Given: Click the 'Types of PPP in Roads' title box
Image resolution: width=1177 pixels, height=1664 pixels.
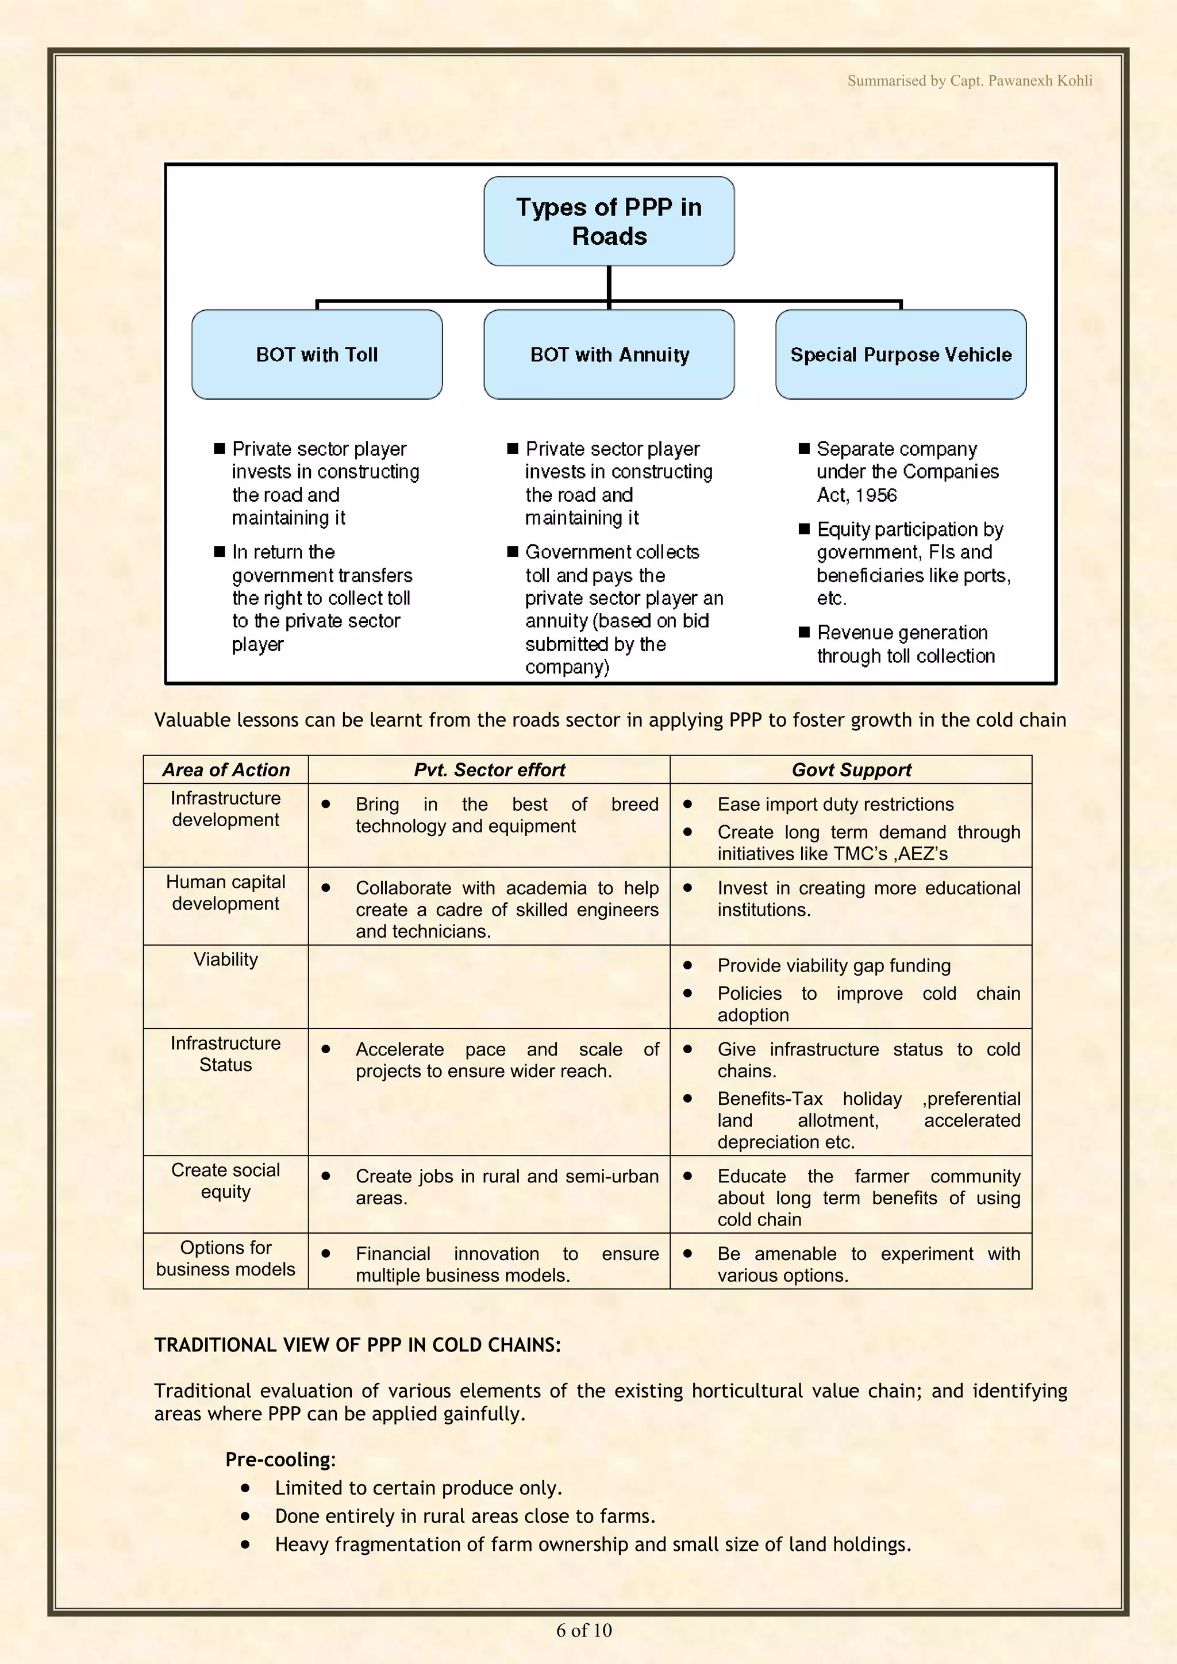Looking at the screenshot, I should pyautogui.click(x=609, y=221).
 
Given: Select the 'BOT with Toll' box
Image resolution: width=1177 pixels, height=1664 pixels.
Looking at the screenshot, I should pyautogui.click(x=317, y=355).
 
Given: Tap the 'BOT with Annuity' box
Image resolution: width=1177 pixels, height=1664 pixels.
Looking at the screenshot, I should pyautogui.click(x=609, y=355).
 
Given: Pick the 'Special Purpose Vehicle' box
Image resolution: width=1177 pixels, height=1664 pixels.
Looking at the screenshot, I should pyautogui.click(x=901, y=355).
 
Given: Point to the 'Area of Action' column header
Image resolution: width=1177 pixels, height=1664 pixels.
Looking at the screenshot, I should pyautogui.click(x=225, y=770).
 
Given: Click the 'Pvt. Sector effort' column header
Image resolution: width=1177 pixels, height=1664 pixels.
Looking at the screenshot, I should pyautogui.click(x=489, y=770).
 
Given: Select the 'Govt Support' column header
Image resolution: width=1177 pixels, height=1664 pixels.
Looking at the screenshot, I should pyautogui.click(x=851, y=770).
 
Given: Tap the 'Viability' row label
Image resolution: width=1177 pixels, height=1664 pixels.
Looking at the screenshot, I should pyautogui.click(x=225, y=960).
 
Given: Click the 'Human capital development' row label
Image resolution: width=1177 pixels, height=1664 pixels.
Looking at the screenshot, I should pyautogui.click(x=225, y=893).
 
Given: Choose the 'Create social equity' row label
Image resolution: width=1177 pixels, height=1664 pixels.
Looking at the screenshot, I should pyautogui.click(x=225, y=1181).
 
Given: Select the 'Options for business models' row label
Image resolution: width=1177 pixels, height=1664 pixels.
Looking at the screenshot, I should pyautogui.click(x=225, y=1258).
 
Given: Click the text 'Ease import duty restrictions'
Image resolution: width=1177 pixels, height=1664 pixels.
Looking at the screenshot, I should pyautogui.click(x=835, y=804).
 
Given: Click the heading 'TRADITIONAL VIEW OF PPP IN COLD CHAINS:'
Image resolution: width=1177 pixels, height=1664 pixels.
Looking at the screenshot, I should pyautogui.click(x=357, y=1345).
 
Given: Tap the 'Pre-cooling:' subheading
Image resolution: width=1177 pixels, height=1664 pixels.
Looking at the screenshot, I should pyautogui.click(x=280, y=1459).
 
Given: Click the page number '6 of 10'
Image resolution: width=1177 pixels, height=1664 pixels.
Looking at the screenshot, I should pyautogui.click(x=584, y=1631).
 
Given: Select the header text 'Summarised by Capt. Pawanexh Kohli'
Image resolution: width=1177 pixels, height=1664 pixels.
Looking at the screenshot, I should pyautogui.click(x=970, y=80).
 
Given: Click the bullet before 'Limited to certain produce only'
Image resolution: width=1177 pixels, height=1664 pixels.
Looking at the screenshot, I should pyautogui.click(x=246, y=1488).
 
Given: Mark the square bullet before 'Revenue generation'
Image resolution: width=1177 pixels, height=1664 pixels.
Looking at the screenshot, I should pyautogui.click(x=804, y=632).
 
